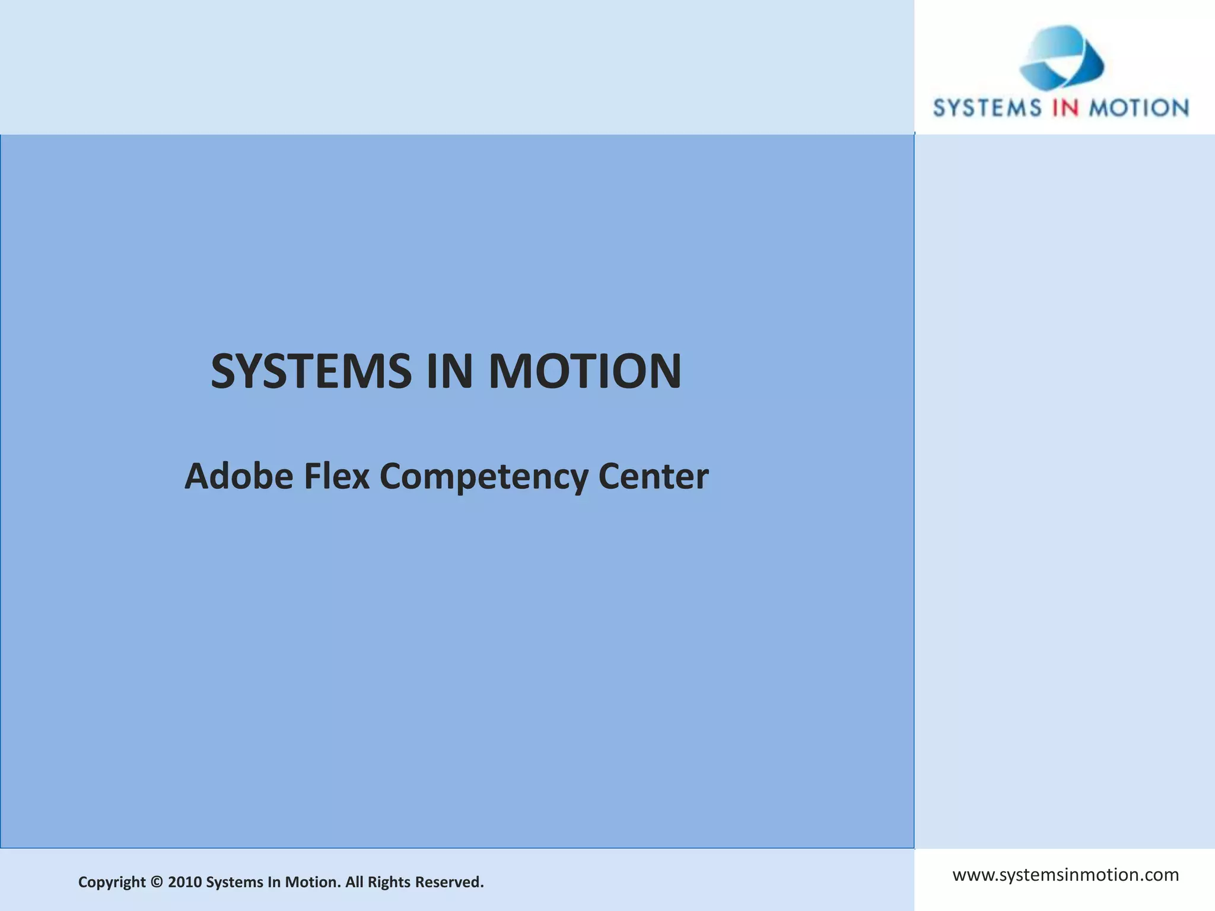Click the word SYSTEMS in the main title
click(x=311, y=371)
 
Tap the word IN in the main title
click(x=449, y=371)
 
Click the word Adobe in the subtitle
click(x=238, y=476)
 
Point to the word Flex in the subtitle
click(x=336, y=476)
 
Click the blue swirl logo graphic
click(x=1061, y=58)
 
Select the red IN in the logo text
click(x=1065, y=108)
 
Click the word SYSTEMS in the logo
click(x=987, y=108)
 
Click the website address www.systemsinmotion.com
click(x=1065, y=875)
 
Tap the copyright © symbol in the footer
click(x=157, y=882)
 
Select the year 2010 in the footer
click(x=185, y=882)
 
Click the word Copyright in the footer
click(x=112, y=883)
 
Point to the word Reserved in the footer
click(x=449, y=882)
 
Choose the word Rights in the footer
click(x=389, y=883)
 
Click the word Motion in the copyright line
click(x=313, y=882)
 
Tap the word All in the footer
click(x=354, y=882)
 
